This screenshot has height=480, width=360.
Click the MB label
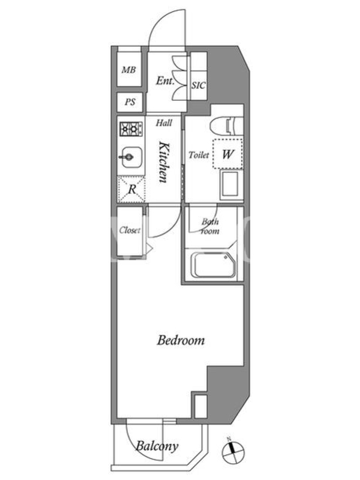pyautogui.click(x=128, y=70)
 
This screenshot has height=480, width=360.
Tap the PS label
pyautogui.click(x=130, y=101)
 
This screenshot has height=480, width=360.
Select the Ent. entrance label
pyautogui.click(x=165, y=80)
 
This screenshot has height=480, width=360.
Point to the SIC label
pyautogui.click(x=199, y=85)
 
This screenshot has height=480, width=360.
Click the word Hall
pyautogui.click(x=164, y=123)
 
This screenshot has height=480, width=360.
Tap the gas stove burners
pyautogui.click(x=131, y=129)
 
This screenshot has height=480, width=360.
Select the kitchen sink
pyautogui.click(x=131, y=157)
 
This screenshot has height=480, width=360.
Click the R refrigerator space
pyautogui.click(x=131, y=189)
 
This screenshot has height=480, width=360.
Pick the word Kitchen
pyautogui.click(x=163, y=162)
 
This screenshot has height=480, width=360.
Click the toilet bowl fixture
pyautogui.click(x=226, y=125)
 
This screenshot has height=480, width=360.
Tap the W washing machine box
pyautogui.click(x=228, y=154)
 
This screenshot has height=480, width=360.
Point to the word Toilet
pyautogui.click(x=199, y=155)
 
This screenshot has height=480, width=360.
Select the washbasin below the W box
pyautogui.click(x=230, y=184)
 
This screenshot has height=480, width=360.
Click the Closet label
pyautogui.click(x=130, y=230)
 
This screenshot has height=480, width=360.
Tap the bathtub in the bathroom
pyautogui.click(x=214, y=265)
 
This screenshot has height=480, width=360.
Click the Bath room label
pyautogui.click(x=211, y=226)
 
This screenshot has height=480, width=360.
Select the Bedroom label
pyautogui.click(x=181, y=340)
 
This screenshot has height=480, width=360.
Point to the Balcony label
pyautogui.click(x=157, y=446)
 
